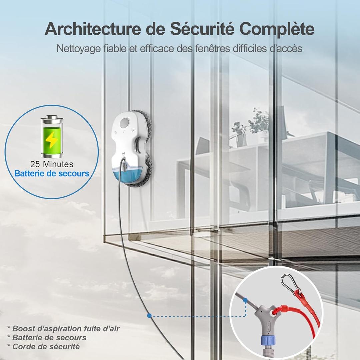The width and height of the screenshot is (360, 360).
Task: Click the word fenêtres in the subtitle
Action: pyautogui.click(x=213, y=48)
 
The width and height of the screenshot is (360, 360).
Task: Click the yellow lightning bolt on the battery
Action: pyautogui.click(x=51, y=140)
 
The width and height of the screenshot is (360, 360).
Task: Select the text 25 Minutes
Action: pyautogui.click(x=52, y=164)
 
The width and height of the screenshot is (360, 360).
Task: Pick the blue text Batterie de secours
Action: pyautogui.click(x=52, y=173)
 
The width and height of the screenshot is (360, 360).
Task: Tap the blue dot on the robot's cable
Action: pyautogui.click(x=149, y=316)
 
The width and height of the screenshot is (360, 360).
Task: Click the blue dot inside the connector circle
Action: pyautogui.click(x=245, y=300)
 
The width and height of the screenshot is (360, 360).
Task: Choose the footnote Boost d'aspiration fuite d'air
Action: pyautogui.click(x=63, y=328)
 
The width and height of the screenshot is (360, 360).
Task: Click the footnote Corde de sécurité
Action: pyautogui.click(x=43, y=346)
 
